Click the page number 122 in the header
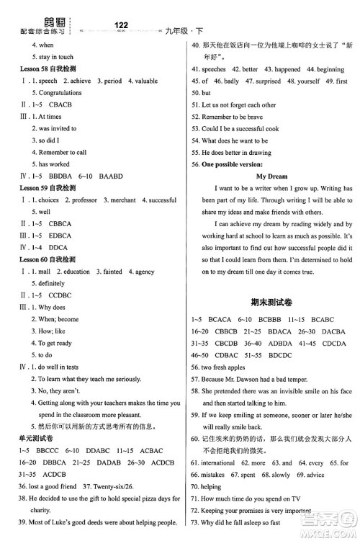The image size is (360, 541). (x=121, y=25)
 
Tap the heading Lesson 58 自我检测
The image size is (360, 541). (x=47, y=69)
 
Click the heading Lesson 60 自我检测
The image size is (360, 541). (x=47, y=259)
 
